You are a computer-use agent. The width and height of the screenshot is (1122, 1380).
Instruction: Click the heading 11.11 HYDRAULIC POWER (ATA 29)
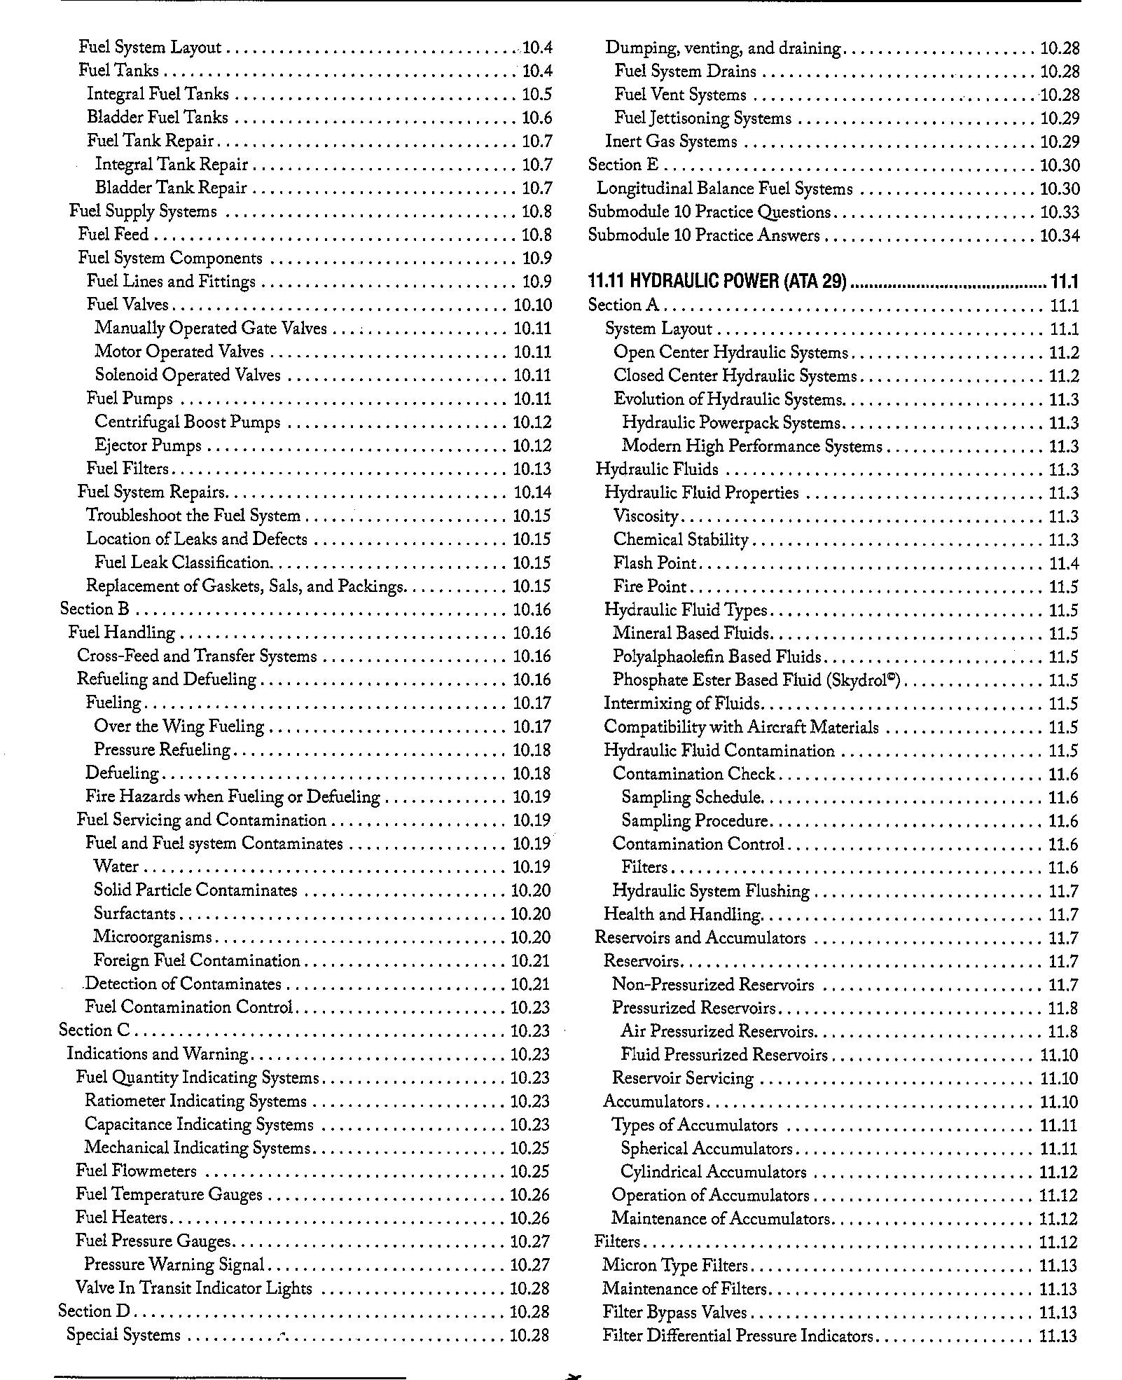[717, 282]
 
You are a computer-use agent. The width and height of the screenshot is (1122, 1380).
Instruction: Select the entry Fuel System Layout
[150, 48]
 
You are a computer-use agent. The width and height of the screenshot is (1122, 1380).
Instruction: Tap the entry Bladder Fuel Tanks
[158, 117]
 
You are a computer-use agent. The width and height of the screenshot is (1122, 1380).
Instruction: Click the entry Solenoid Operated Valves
[188, 375]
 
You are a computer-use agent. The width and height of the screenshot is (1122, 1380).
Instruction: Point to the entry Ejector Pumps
[148, 446]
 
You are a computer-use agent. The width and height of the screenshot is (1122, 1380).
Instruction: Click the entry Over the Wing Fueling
[179, 726]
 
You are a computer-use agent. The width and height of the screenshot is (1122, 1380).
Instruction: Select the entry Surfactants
[134, 913]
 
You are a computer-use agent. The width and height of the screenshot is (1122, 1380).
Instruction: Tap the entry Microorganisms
[153, 937]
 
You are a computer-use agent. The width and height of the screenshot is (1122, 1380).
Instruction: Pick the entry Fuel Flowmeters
[137, 1171]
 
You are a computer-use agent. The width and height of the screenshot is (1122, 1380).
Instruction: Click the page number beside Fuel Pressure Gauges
[530, 1241]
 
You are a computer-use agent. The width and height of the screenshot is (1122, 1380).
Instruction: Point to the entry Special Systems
[124, 1335]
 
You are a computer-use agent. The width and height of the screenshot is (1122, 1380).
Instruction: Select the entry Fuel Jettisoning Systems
[702, 118]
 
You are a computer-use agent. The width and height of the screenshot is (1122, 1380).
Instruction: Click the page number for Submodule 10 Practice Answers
[1060, 235]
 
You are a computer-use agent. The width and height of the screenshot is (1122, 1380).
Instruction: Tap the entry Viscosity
[646, 517]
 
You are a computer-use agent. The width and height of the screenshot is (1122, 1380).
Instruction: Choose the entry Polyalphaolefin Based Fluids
[716, 657]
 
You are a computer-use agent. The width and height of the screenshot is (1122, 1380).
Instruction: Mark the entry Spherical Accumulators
[707, 1149]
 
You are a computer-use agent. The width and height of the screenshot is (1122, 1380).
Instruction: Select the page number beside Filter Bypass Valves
[1058, 1312]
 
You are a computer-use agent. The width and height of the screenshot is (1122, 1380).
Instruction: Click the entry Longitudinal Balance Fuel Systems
[725, 189]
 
